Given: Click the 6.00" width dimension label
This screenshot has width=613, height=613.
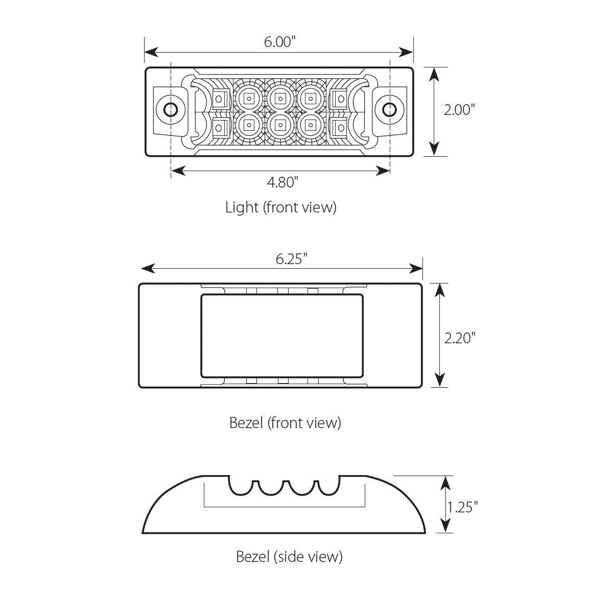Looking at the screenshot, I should tap(280, 42).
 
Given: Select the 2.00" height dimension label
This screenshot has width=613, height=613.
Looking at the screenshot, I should tap(459, 110).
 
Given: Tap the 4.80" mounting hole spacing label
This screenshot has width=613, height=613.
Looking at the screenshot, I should tap(280, 182).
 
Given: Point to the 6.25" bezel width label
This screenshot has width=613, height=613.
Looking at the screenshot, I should tap(291, 259).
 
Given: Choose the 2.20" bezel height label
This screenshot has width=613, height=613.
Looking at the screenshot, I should tap(460, 338).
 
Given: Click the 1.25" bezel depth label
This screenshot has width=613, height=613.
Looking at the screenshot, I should tap(462, 507).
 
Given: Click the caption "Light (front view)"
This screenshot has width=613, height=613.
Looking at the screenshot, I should tap(281, 207).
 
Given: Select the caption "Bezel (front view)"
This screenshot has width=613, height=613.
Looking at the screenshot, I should tap(285, 423).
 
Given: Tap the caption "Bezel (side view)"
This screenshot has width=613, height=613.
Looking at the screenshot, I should tap(289, 556).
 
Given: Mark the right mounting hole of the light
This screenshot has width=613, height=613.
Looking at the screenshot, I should tap(389, 109).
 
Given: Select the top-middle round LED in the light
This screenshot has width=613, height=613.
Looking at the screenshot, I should tap(279, 97).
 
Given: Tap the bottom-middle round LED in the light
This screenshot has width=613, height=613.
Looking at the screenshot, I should tap(279, 123).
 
